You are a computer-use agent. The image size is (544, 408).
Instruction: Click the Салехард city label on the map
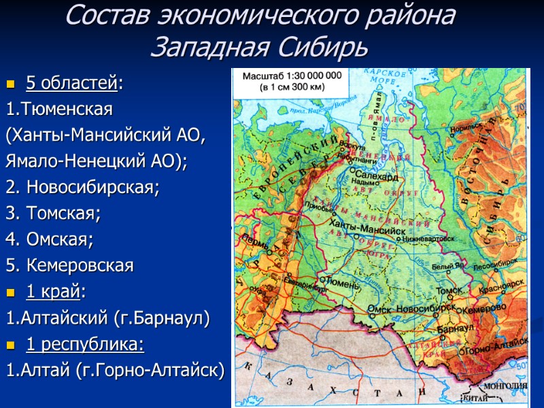pos(375,175)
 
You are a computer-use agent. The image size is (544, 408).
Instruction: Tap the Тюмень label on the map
pos(342,281)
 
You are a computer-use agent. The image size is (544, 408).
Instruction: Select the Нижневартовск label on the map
pos(428,239)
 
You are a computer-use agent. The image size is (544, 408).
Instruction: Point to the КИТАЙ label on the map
pos(475,397)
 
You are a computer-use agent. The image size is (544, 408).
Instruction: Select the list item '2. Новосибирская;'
pos(82,187)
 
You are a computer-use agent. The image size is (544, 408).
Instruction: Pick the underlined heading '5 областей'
pos(71,84)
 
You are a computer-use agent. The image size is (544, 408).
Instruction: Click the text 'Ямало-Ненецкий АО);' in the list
pos(96,162)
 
